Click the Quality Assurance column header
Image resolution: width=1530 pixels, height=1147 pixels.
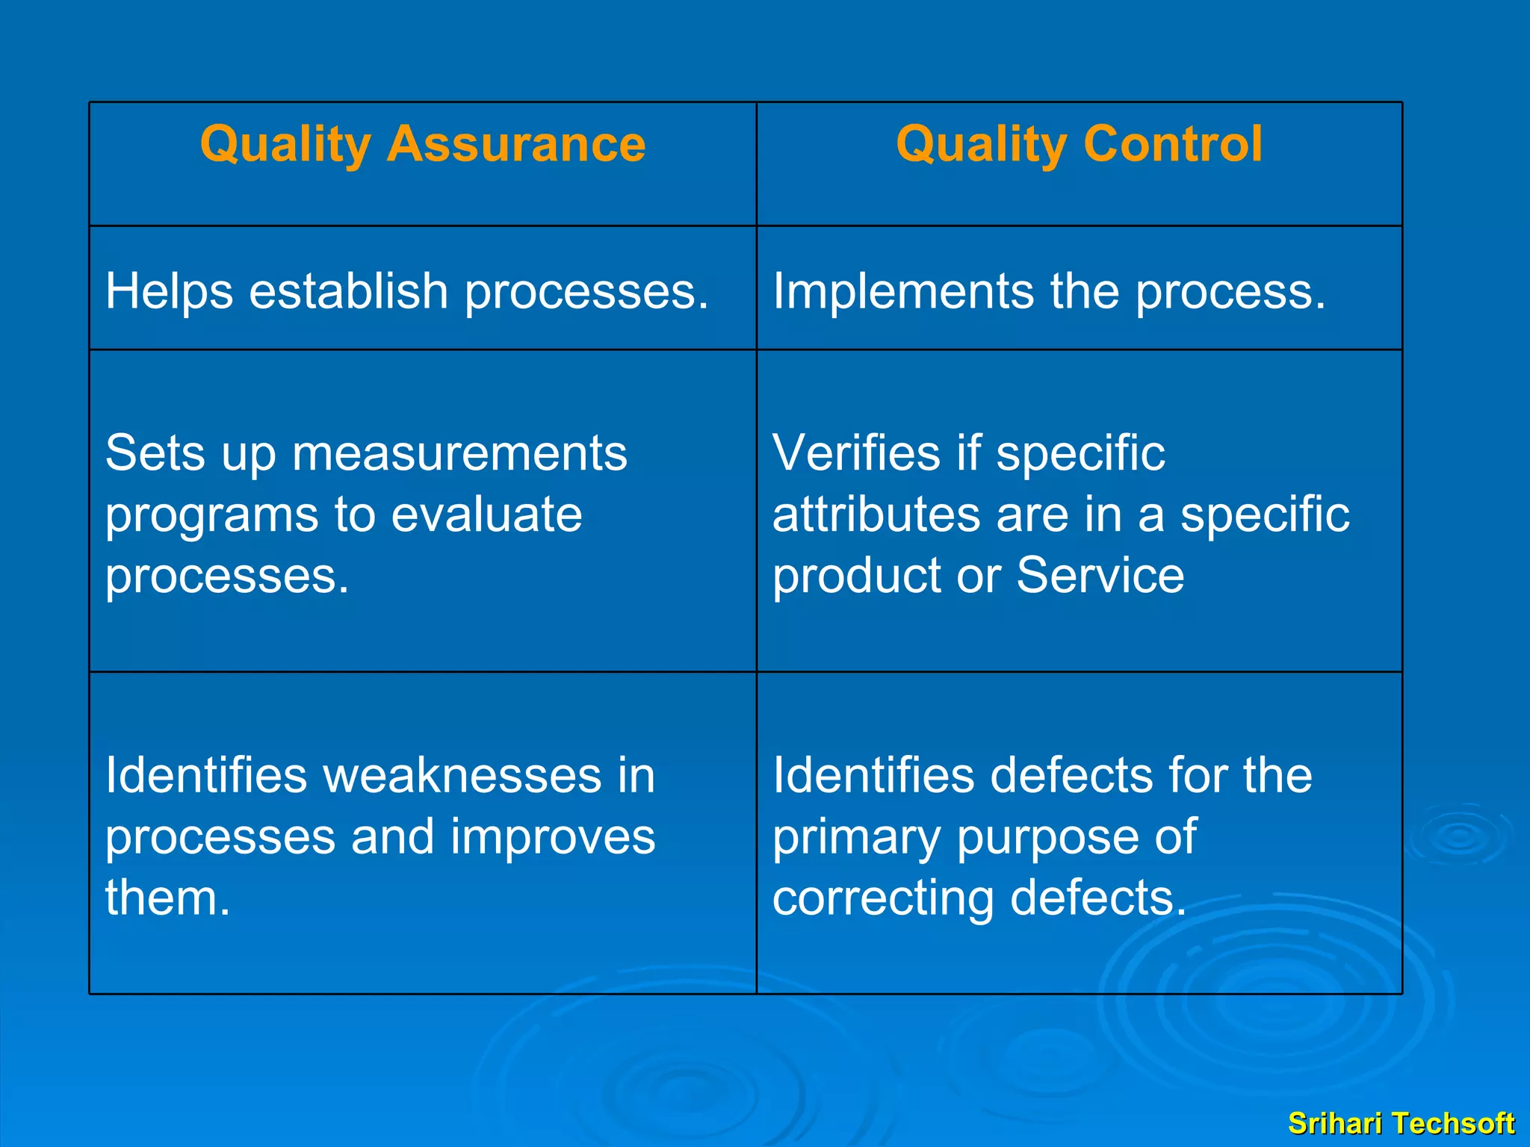pyautogui.click(x=423, y=143)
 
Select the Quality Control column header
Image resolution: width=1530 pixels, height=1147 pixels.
pyautogui.click(x=1079, y=143)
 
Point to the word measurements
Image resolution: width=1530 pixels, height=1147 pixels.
pyautogui.click(x=459, y=453)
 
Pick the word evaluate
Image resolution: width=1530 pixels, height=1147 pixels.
pyautogui.click(x=486, y=515)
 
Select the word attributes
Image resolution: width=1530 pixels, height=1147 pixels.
pyautogui.click(x=876, y=515)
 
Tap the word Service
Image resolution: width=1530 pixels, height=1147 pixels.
pyautogui.click(x=1100, y=576)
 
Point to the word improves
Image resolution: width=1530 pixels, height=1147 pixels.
pyautogui.click(x=553, y=836)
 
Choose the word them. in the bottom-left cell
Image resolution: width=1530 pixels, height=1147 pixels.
pyautogui.click(x=167, y=898)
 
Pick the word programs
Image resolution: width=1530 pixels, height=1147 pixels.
pyautogui.click(x=211, y=516)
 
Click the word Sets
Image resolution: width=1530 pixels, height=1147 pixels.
pyautogui.click(x=155, y=453)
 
